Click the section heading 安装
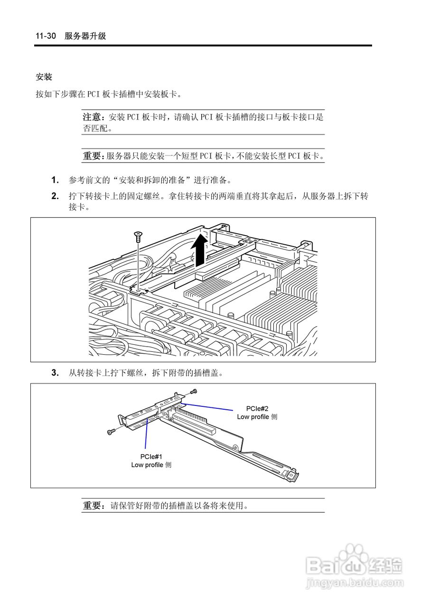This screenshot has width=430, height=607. (x=44, y=77)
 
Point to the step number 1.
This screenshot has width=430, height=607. (x=55, y=180)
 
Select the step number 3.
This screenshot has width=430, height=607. (x=55, y=373)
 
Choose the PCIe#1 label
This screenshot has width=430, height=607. (x=151, y=456)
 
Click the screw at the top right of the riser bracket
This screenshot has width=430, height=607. (x=193, y=392)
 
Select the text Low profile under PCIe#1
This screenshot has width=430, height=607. (x=147, y=465)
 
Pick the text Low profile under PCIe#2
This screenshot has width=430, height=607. (x=253, y=417)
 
